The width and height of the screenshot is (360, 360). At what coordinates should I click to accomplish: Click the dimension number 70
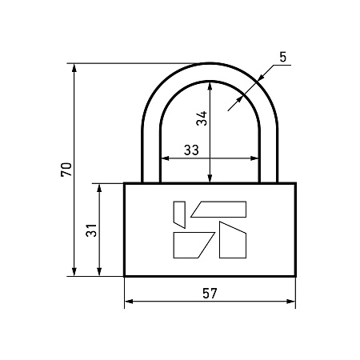66,170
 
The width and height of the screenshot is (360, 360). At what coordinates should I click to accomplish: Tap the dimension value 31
91,230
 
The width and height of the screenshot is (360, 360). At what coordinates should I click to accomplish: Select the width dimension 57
210,294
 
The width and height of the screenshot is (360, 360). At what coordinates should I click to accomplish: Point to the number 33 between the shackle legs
191,150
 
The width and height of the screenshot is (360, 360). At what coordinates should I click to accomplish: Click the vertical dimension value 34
202,118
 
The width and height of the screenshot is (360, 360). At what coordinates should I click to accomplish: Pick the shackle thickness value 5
282,57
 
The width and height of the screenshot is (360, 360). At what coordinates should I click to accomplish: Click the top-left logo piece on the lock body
179,214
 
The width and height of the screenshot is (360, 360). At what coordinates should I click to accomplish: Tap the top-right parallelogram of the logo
218,210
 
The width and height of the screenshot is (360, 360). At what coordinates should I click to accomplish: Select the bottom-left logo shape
194,245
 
